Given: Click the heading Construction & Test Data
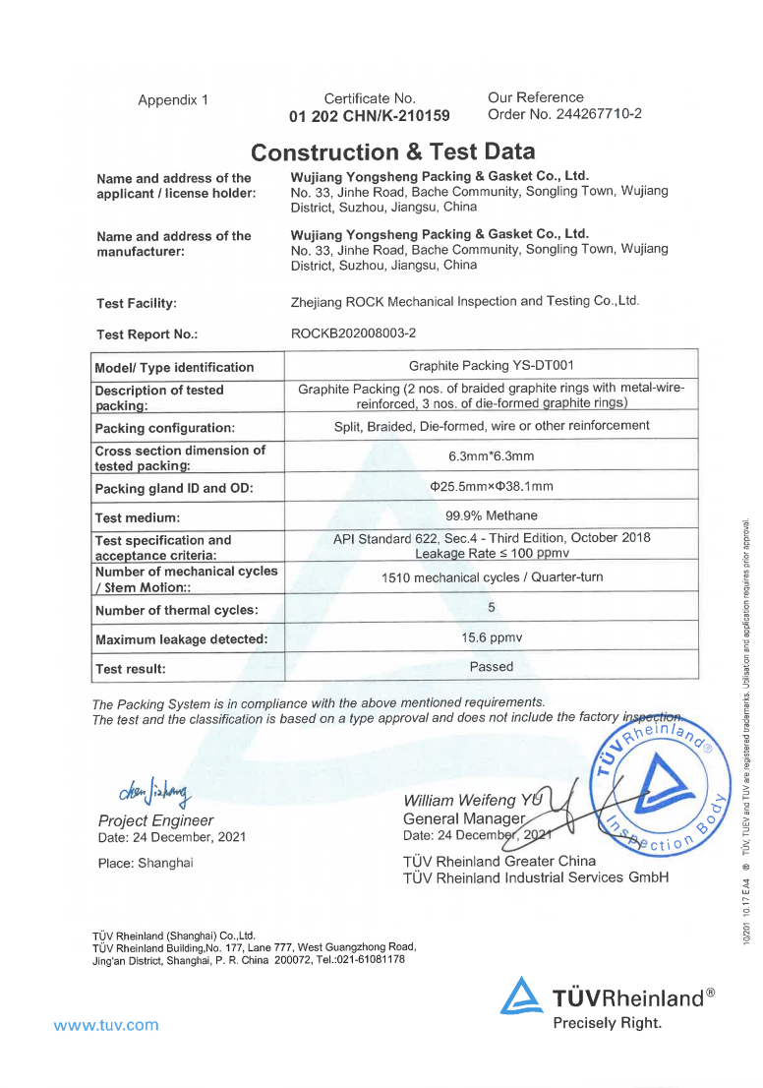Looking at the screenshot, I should tap(393, 152).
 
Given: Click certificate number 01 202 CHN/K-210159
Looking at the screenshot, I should tap(370, 116).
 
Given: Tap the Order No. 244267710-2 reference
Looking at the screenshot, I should tap(564, 114).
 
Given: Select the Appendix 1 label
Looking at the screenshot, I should tap(173, 100).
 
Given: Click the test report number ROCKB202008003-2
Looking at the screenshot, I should tap(353, 333).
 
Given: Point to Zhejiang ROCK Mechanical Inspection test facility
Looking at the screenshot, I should tap(465, 301).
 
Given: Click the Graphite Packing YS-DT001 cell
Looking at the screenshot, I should tap(491, 366).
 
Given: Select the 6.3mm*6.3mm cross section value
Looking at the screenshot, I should tap(491, 456).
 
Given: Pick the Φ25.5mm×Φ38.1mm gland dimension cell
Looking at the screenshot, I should tap(491, 486).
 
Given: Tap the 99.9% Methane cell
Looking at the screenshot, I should tap(491, 515).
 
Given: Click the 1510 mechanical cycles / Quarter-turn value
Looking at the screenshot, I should tap(491, 577).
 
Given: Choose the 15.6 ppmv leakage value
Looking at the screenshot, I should tap(491, 637).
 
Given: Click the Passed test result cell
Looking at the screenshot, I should tap(491, 667).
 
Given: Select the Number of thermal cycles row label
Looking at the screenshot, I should tap(176, 610).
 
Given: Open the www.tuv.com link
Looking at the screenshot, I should tap(106, 1025).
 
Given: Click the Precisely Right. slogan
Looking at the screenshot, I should tap(607, 1023).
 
